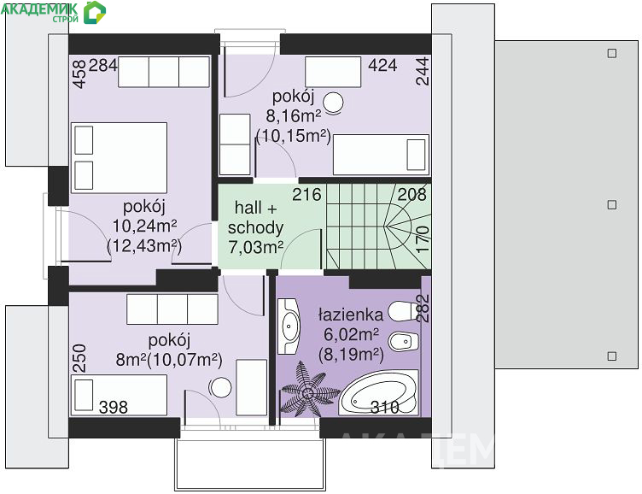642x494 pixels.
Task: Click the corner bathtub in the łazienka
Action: [379, 393]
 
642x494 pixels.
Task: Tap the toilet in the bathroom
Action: [403, 312]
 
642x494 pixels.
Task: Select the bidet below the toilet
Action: [403, 341]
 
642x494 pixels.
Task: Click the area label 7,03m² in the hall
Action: [256, 247]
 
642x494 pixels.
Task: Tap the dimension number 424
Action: [382, 65]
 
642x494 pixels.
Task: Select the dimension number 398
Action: [114, 407]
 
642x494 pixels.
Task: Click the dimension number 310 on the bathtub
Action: [384, 407]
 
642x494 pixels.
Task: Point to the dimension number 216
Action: [306, 194]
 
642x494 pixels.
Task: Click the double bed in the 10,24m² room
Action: [120, 158]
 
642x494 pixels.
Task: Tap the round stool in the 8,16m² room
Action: [333, 103]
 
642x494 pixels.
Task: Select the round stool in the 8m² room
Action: [220, 387]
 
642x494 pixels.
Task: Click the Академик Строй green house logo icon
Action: [94, 12]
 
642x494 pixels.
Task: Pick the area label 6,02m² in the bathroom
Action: [351, 334]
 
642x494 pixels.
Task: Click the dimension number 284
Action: [102, 65]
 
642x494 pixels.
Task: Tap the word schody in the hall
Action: [255, 227]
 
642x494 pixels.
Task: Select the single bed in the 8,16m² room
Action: [381, 155]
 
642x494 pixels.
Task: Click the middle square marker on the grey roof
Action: [612, 204]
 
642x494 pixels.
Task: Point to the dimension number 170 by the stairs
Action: [423, 239]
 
